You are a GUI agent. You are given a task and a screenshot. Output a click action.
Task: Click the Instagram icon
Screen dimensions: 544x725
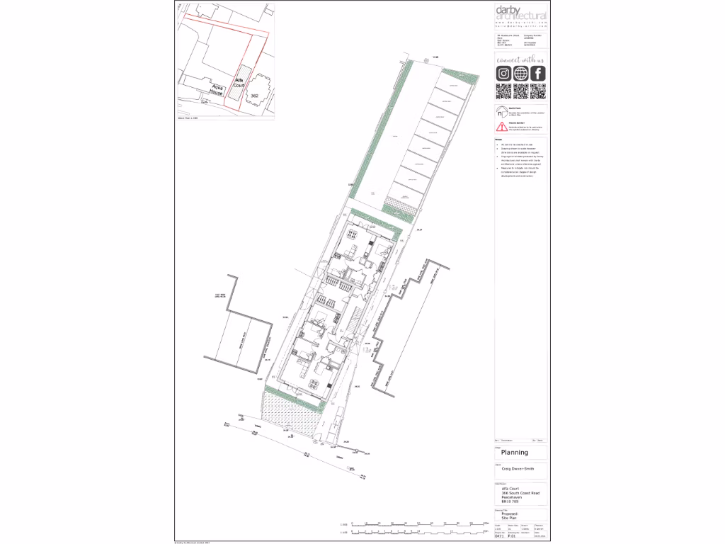point(503,74)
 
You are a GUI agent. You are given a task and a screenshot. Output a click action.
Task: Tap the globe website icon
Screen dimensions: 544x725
point(521,74)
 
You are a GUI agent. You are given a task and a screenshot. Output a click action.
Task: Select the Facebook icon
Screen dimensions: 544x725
point(538,74)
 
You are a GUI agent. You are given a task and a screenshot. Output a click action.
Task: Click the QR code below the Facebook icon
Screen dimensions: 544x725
point(538,91)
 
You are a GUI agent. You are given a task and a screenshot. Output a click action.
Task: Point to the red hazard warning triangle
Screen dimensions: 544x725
point(501,127)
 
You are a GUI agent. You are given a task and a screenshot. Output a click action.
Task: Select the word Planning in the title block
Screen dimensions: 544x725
point(515,453)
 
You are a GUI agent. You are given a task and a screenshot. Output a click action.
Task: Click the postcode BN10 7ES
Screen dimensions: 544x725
point(510,501)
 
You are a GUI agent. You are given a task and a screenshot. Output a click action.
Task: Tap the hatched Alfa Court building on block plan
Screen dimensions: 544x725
point(243,79)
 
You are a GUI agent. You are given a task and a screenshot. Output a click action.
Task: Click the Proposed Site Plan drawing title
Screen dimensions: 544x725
point(510,516)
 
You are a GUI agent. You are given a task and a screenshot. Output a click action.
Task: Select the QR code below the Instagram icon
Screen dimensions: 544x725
point(503,91)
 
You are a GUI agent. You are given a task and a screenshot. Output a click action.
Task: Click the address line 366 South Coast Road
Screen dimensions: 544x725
point(520,493)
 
